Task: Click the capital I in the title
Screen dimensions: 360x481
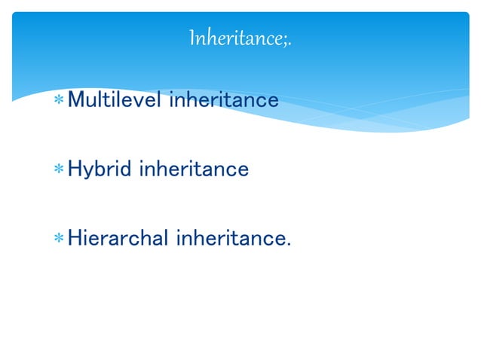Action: (x=193, y=36)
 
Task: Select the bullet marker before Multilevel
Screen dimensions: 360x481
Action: (x=58, y=101)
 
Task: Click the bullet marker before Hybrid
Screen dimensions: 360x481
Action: (x=58, y=170)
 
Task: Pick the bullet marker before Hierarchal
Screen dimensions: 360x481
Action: (x=58, y=240)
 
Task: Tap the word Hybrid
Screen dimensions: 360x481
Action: (x=100, y=169)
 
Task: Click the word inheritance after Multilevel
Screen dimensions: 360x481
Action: (x=223, y=99)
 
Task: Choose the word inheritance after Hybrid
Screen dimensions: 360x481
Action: (x=193, y=169)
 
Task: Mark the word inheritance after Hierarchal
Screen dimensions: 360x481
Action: (x=230, y=239)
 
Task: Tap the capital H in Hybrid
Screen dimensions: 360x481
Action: (x=75, y=169)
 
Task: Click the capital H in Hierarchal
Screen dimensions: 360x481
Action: (x=75, y=239)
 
